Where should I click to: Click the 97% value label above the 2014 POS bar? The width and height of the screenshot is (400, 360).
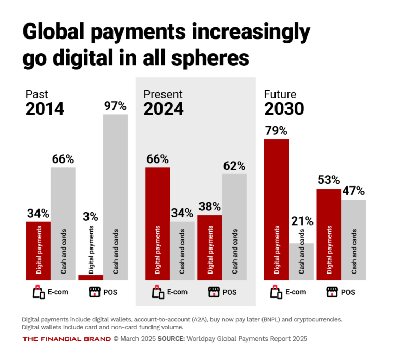[115, 106]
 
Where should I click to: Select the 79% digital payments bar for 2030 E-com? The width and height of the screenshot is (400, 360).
[276, 208]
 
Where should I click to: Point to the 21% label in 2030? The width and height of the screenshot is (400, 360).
[302, 221]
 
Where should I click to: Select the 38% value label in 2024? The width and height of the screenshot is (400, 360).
[210, 207]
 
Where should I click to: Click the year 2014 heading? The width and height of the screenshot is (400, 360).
[45, 109]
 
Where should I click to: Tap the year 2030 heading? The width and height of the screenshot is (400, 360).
[284, 109]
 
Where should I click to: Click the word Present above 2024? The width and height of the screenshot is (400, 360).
[163, 94]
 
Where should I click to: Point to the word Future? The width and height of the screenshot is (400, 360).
[281, 94]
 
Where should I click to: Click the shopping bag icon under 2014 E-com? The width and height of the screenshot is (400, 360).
[39, 292]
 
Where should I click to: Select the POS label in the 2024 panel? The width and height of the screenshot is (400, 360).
[230, 292]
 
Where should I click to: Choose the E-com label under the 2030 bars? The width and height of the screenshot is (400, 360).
[295, 292]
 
